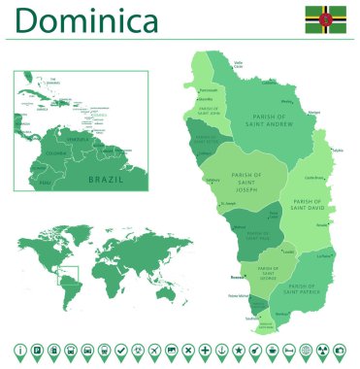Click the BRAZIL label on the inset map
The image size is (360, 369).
(105, 179)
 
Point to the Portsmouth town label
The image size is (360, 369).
(208, 90)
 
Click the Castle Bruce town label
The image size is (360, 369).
(313, 178)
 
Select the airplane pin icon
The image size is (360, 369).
(138, 350)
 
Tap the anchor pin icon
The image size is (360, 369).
(221, 350)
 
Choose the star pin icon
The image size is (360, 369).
(239, 350)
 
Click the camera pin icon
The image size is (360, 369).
(340, 350)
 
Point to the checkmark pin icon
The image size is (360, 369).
(120, 350)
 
